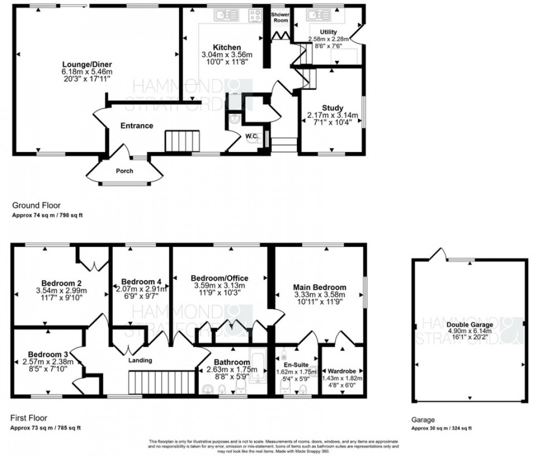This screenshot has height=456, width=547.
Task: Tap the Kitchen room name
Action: [x=226, y=47]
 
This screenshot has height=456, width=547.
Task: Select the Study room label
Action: [x=332, y=108]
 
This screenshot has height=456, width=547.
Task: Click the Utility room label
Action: [x=328, y=32]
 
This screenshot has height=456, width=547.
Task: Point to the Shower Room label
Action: [x=280, y=17]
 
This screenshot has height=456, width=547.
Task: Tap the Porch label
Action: [x=124, y=171]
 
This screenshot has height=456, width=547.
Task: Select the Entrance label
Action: [x=137, y=126]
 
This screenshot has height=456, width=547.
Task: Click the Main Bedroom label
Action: [x=319, y=287]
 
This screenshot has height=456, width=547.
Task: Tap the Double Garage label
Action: [x=469, y=324]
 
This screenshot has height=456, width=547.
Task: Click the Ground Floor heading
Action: [x=37, y=205]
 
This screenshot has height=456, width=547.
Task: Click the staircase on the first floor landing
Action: [x=148, y=383]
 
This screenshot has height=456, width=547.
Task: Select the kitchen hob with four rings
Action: [x=256, y=16]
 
